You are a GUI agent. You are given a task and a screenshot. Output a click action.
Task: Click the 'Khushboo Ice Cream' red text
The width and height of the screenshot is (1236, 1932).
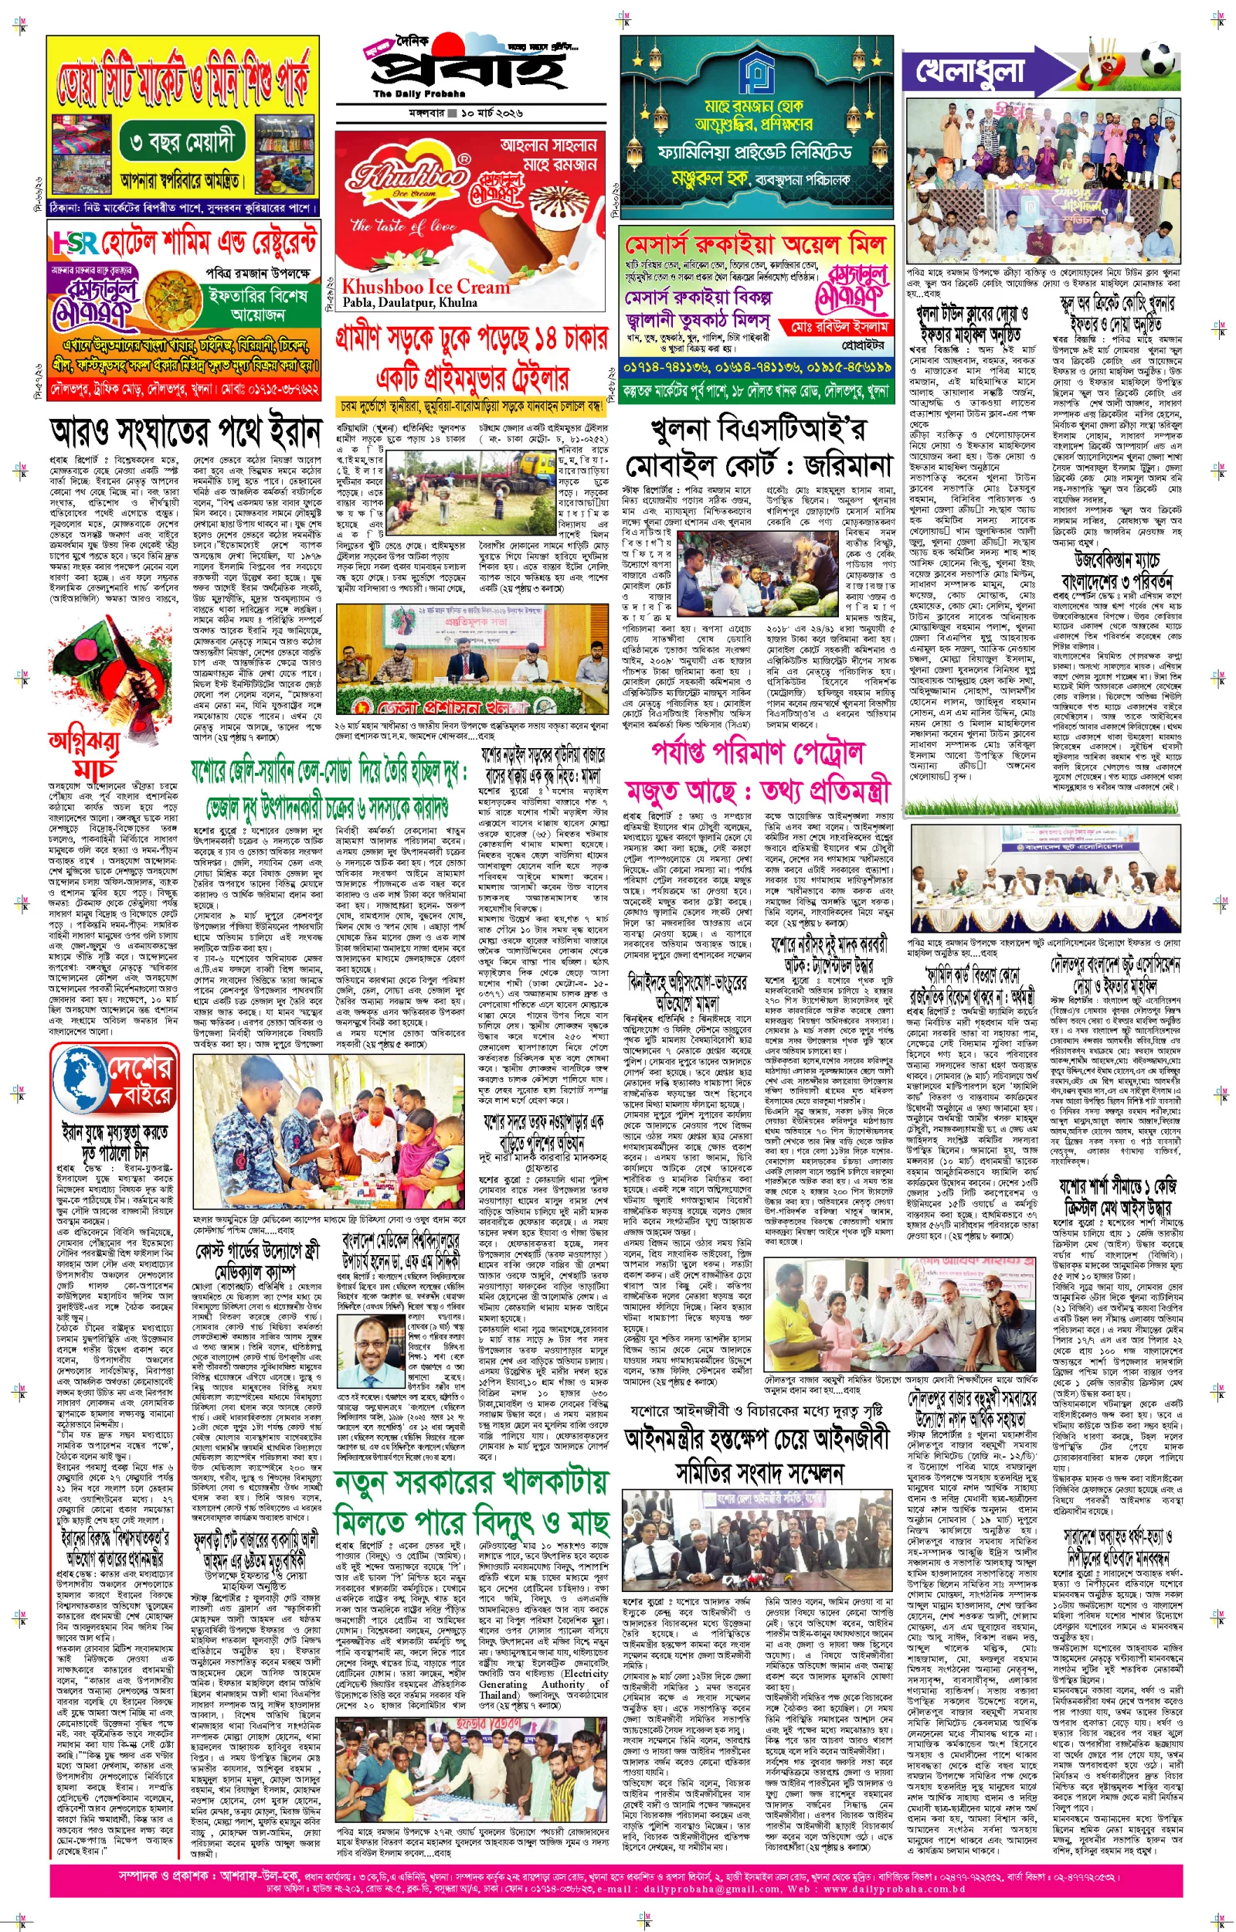point(426,287)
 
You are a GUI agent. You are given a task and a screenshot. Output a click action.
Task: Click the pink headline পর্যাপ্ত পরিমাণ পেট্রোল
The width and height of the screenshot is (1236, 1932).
point(758,752)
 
